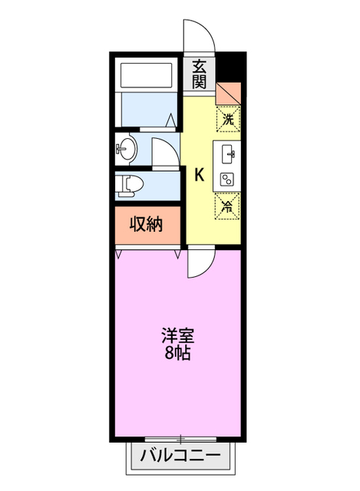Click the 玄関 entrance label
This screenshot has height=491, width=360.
click(x=200, y=74)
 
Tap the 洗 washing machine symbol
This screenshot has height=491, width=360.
click(x=228, y=119)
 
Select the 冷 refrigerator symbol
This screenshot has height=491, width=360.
click(x=227, y=205)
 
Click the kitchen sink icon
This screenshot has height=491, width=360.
click(x=229, y=155)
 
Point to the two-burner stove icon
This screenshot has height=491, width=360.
click(x=228, y=179)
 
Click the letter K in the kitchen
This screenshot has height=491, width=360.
click(x=198, y=175)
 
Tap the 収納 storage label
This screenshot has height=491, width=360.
click(x=145, y=225)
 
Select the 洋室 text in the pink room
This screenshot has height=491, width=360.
click(x=177, y=335)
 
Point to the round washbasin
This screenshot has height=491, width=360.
click(x=125, y=148)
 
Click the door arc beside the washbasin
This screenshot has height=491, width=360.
click(x=163, y=151)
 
